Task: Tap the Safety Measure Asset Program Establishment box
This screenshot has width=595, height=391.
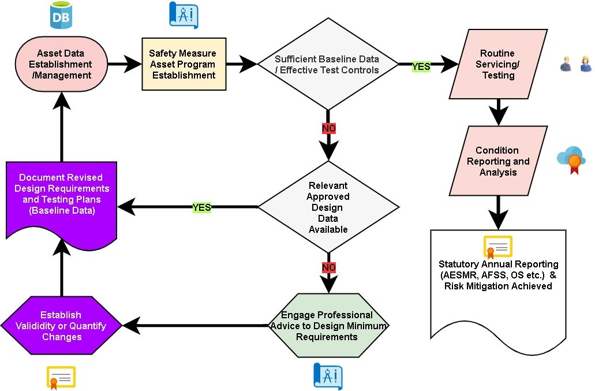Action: click(x=183, y=64)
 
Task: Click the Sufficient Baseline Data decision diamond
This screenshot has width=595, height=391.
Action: click(x=327, y=64)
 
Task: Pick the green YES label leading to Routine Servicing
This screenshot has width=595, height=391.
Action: click(x=421, y=66)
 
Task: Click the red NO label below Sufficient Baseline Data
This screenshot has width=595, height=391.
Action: click(x=328, y=128)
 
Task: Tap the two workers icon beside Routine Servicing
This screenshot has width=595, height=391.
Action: click(x=576, y=64)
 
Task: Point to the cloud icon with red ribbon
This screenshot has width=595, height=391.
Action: click(x=571, y=159)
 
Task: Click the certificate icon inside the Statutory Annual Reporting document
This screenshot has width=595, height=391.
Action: click(x=497, y=247)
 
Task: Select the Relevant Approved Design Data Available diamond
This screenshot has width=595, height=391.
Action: click(x=328, y=207)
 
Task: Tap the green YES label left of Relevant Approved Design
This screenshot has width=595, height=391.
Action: click(x=201, y=207)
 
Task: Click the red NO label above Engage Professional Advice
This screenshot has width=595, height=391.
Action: click(x=328, y=268)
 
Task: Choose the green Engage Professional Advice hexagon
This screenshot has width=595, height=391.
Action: click(x=328, y=325)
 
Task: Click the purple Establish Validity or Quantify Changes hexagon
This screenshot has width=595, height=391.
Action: click(x=61, y=325)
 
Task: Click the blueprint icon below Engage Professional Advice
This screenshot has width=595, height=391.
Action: click(x=328, y=376)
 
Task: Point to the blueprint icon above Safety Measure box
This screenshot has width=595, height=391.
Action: click(x=184, y=15)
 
